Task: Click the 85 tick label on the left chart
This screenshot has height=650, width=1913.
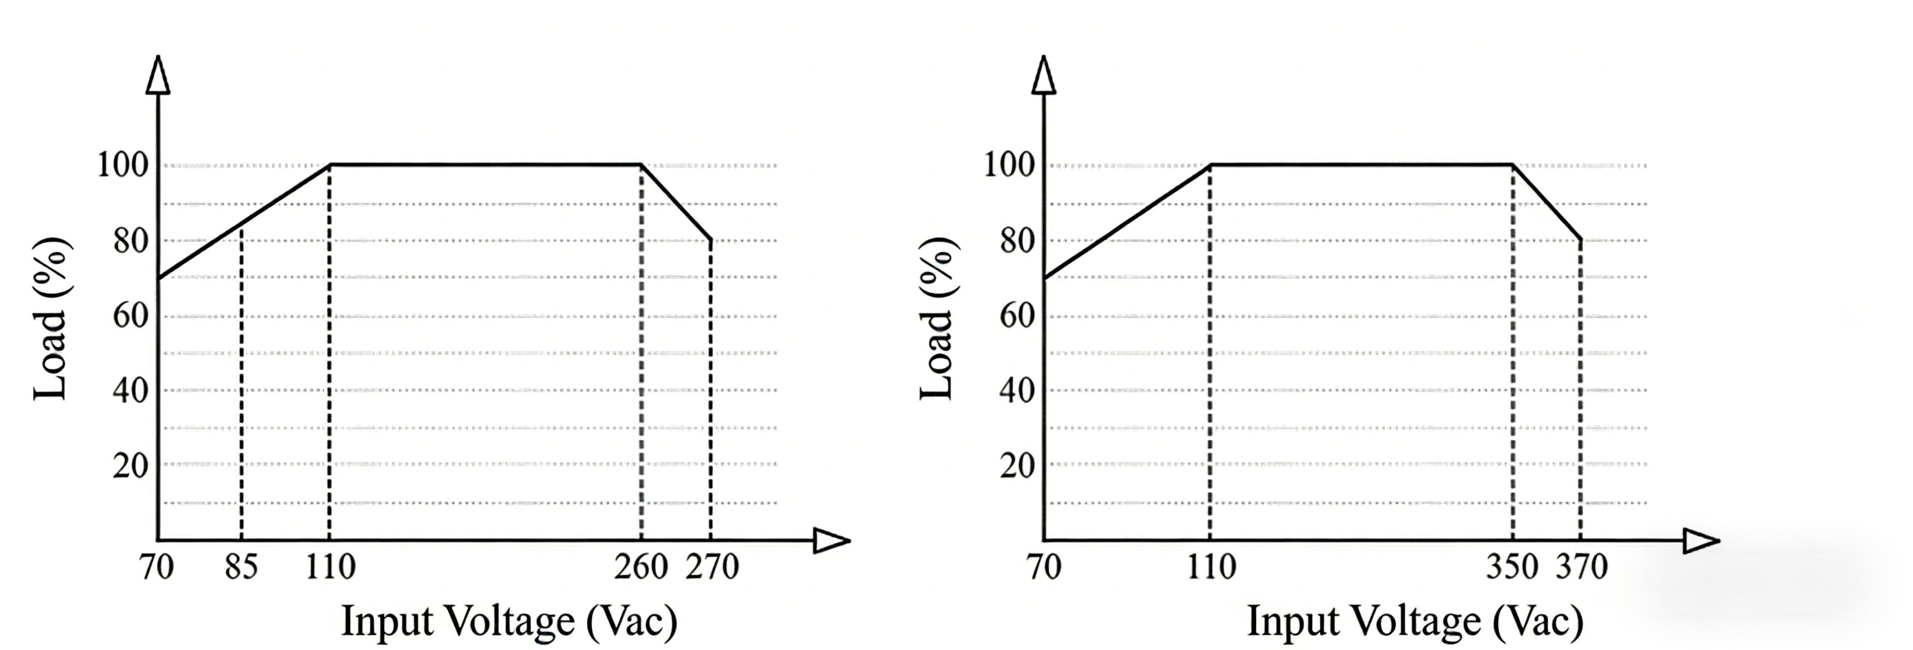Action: point(241,568)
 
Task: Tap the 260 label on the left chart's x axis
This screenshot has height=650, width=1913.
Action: point(641,568)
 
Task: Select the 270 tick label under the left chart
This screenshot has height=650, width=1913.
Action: point(712,568)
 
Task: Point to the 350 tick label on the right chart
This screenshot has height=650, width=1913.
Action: point(1512,568)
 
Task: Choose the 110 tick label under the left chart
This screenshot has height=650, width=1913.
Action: point(330,568)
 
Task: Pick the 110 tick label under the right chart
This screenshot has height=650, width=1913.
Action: point(1211,568)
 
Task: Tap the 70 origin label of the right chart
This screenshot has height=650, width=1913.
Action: point(1044,568)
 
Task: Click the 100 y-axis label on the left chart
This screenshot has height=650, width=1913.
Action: point(123,165)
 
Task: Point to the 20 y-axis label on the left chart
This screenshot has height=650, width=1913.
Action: point(131,466)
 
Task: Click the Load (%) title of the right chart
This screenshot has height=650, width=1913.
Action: point(937,319)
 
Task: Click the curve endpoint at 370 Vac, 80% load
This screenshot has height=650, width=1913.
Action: point(1580,239)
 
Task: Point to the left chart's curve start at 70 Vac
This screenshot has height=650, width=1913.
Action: point(158,278)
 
